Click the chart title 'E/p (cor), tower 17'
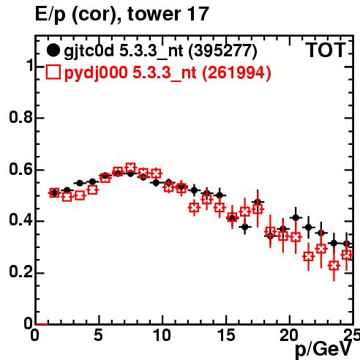(x=122, y=14)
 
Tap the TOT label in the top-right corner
(x=326, y=50)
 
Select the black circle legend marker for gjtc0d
(x=53, y=50)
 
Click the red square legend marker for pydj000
(x=53, y=72)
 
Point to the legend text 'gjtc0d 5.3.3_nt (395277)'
(x=160, y=51)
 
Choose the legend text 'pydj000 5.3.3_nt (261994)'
(x=168, y=72)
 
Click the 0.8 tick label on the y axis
(x=20, y=117)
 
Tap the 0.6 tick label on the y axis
(x=20, y=169)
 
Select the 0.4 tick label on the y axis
(x=20, y=220)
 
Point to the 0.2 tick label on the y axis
(x=20, y=271)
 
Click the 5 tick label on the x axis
(x=98, y=335)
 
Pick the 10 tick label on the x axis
(x=162, y=335)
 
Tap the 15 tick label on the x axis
(x=226, y=335)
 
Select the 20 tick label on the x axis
(x=289, y=335)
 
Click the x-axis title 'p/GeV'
(x=323, y=349)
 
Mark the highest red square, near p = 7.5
(x=131, y=168)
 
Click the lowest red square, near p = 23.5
(x=334, y=266)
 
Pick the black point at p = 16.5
(x=245, y=227)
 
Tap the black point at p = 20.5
(x=296, y=217)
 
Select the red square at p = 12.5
(x=194, y=208)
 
